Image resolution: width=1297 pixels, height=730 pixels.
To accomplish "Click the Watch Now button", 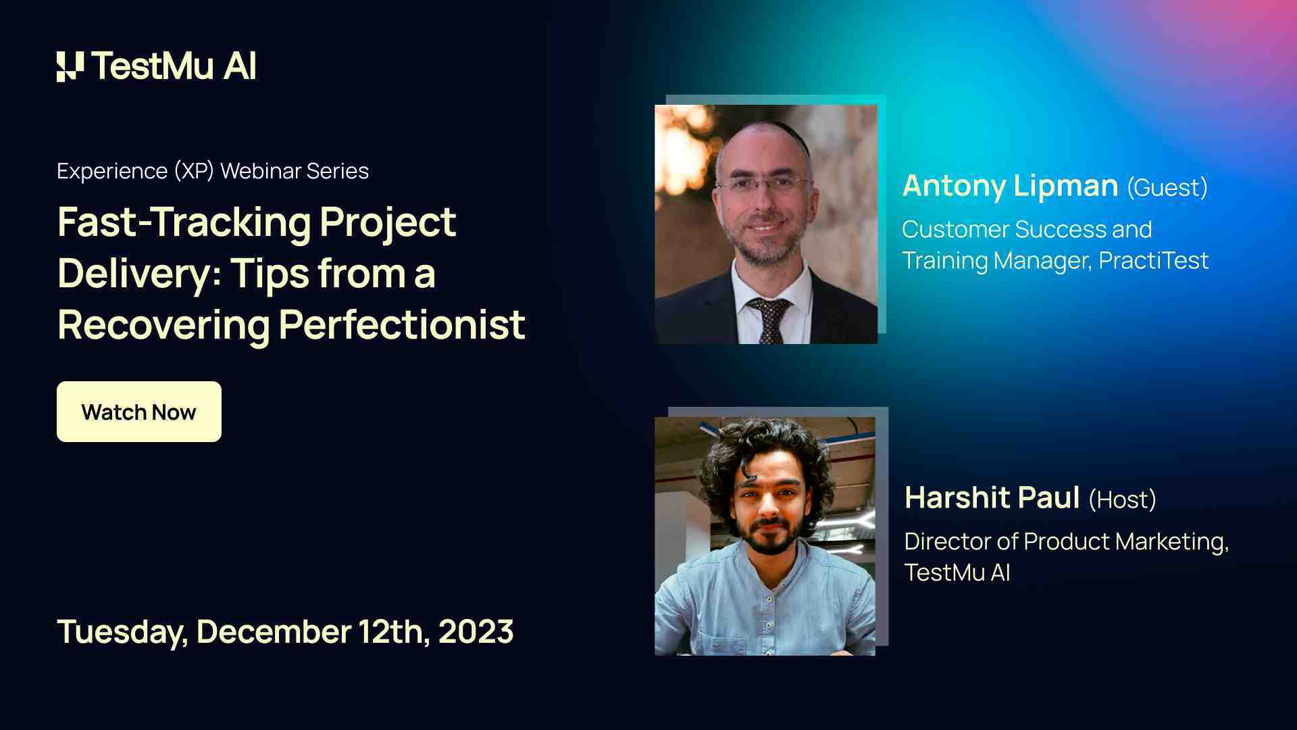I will tap(138, 412).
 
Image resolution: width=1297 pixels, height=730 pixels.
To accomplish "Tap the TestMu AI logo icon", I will tap(70, 66).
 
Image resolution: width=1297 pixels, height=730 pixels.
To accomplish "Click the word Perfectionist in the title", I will tap(401, 325).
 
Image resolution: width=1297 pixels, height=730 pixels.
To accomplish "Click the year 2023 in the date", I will tap(476, 631).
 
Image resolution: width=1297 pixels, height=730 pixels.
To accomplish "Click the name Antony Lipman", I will tap(1010, 186).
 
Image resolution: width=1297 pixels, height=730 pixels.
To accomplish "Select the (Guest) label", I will tap(1167, 187).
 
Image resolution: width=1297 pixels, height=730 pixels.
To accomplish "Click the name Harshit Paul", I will tap(992, 498).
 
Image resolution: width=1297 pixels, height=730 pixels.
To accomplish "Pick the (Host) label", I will tap(1122, 500).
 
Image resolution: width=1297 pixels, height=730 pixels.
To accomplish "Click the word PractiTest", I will tap(1153, 260).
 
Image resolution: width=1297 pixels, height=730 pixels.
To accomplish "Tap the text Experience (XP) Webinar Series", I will tap(213, 171).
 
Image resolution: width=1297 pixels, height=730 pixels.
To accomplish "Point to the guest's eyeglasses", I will tap(763, 182).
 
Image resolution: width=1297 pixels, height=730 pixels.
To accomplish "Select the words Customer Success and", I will tap(1027, 229).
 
